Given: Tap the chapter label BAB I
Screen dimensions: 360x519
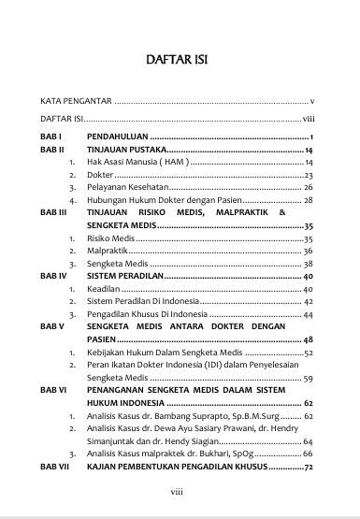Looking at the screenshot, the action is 50,137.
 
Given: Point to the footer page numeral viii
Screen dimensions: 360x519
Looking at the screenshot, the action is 175,492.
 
